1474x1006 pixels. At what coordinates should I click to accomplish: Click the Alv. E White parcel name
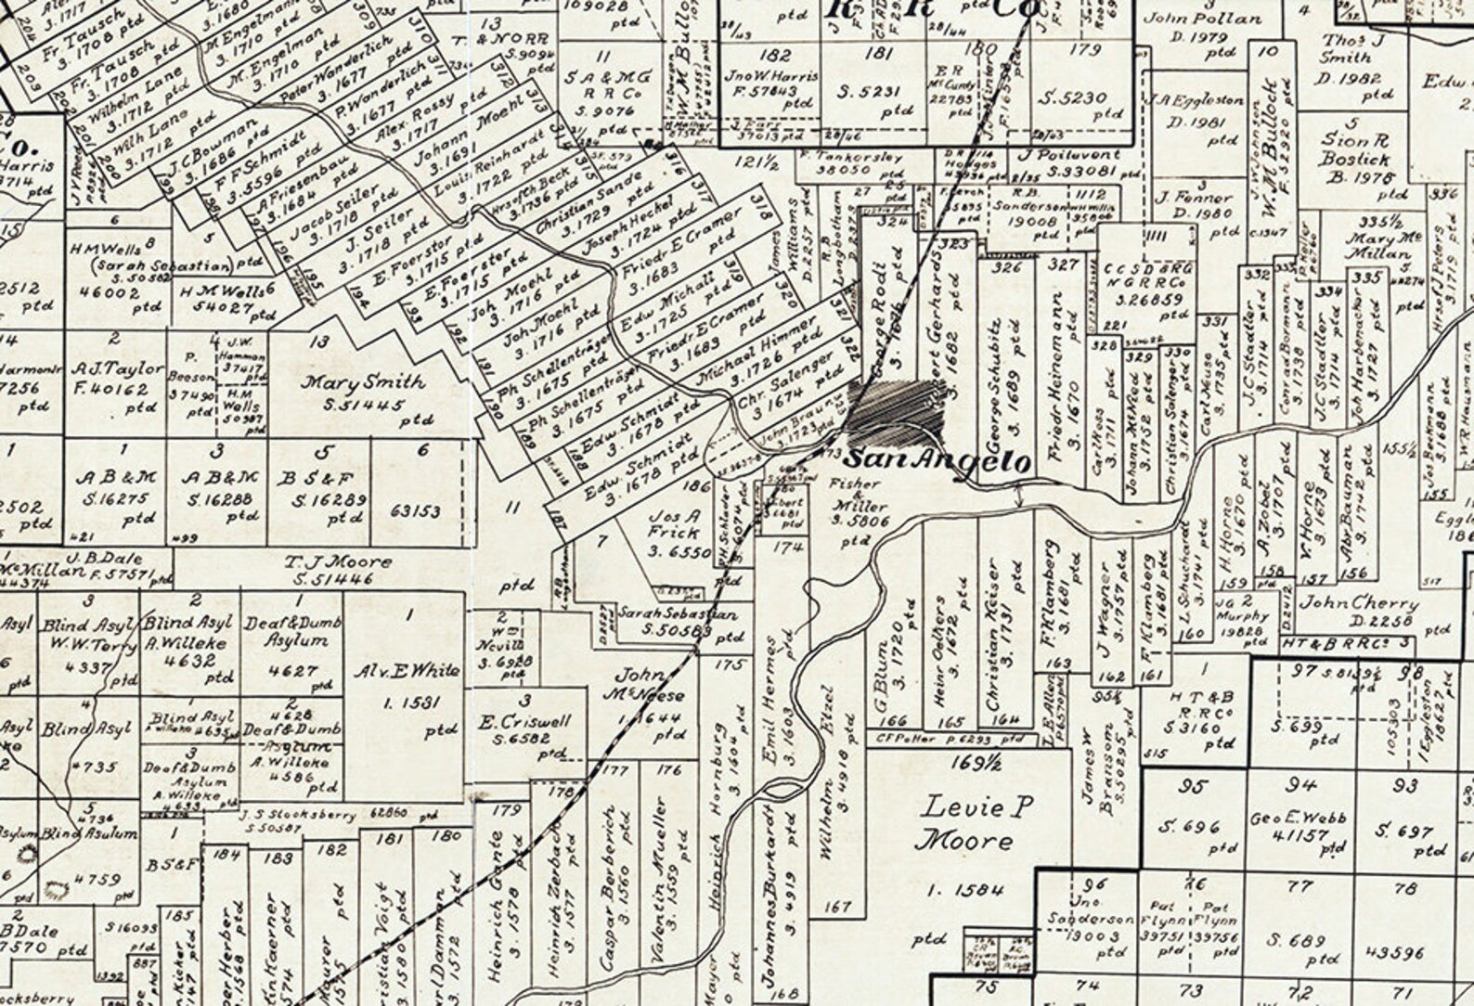[x=408, y=671]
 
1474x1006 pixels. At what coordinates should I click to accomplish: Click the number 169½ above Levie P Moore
[x=968, y=763]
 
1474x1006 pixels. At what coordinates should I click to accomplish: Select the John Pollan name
[x=1185, y=17]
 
